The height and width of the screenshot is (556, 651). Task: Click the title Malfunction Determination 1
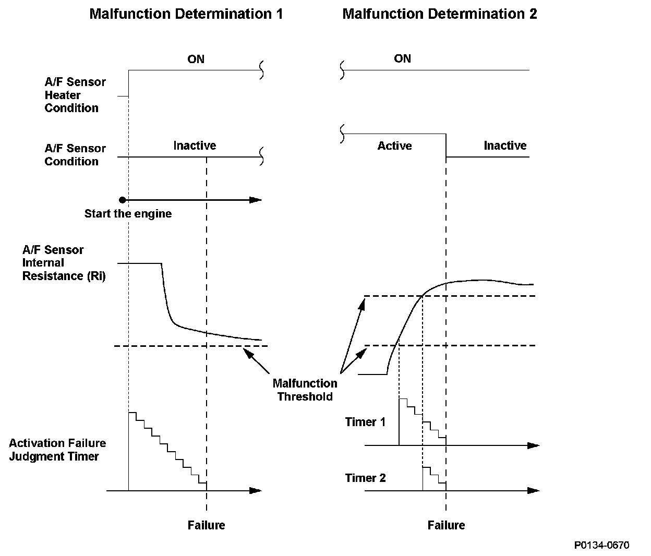pos(186,14)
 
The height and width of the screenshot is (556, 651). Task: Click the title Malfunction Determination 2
pos(439,14)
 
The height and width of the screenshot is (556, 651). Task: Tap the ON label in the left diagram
pos(196,59)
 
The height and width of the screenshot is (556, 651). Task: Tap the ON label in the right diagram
pos(403,59)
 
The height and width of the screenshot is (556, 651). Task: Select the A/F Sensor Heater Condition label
pos(75,95)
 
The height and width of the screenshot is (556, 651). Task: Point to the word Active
pos(394,146)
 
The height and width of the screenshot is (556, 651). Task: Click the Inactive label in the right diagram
pos(505,146)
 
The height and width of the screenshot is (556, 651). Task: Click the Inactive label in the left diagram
pos(195,146)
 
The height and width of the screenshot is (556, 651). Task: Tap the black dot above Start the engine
pos(123,200)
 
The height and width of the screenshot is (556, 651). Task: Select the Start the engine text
pos(128,214)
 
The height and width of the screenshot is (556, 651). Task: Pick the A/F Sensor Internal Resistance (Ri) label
pos(64,263)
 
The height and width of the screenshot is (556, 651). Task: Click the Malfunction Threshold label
pos(305,390)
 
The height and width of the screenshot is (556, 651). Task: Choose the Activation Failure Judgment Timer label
pos(57,450)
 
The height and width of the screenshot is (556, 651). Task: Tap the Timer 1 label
pos(365,422)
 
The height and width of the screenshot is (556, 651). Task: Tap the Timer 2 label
pos(365,478)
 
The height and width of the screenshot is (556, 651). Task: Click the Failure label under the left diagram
pos(206,525)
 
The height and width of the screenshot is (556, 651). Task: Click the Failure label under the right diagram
pos(446,525)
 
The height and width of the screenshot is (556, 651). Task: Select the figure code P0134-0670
pos(601,546)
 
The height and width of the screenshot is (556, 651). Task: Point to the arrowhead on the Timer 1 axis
pos(533,445)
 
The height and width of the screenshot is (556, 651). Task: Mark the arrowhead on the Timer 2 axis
pos(533,490)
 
